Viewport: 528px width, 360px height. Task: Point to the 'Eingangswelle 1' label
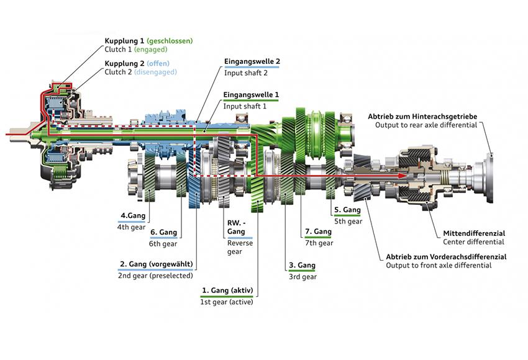[252, 95]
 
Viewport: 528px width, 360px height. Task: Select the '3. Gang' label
[302, 266]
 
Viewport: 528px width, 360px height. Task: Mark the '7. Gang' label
[318, 232]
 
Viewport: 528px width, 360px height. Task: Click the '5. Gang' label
[347, 210]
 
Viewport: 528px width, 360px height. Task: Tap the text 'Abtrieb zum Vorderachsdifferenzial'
[446, 256]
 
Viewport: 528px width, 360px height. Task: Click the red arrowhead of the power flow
[404, 176]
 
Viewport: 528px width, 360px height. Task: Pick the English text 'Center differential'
[473, 242]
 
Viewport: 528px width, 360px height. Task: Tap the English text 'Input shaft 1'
[246, 106]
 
